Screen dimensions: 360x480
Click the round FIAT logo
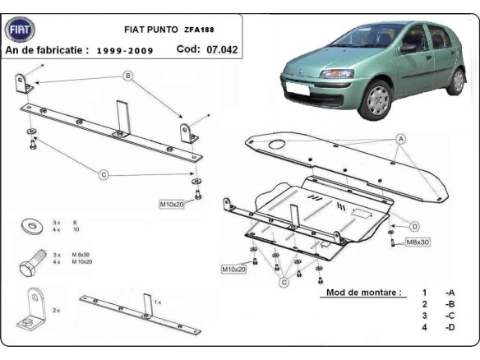tap(20, 30)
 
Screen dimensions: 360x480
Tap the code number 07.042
tap(221, 49)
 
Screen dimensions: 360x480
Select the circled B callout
tap(128, 76)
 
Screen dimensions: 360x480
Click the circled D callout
tap(415, 226)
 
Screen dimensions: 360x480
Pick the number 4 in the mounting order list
tap(424, 328)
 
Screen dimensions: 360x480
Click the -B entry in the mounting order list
tap(449, 304)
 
